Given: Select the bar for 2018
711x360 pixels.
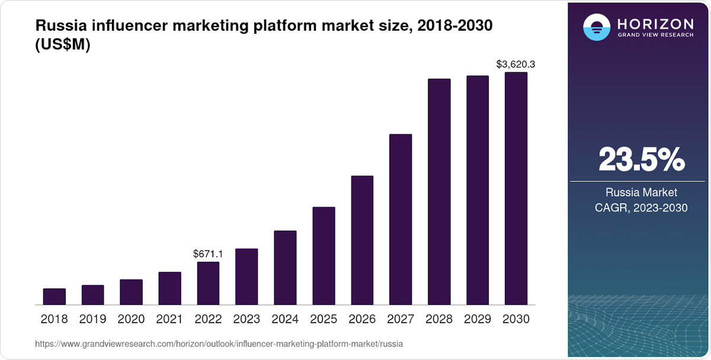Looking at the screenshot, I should click(55, 297).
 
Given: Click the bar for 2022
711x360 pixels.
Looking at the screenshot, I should click(208, 283).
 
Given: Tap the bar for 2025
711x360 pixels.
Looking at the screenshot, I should click(324, 256).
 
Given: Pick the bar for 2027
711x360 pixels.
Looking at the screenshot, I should click(401, 219).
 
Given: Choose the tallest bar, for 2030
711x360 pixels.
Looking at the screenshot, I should click(515, 188).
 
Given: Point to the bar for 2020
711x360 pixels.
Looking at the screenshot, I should click(131, 292).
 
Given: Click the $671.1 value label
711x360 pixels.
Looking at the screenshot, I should click(208, 254).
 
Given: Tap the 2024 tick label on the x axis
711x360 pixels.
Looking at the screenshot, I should click(285, 319).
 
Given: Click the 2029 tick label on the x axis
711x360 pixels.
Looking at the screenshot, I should click(478, 319).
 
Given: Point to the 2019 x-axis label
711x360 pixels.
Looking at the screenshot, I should click(92, 319).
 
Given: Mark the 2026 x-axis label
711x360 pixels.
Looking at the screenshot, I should click(362, 319).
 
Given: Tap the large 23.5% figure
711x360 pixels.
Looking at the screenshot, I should click(641, 159).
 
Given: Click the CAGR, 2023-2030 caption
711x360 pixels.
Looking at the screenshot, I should click(641, 208).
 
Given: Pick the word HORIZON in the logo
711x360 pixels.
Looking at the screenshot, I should click(655, 24).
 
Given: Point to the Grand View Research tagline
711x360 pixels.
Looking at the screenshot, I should click(655, 34).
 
